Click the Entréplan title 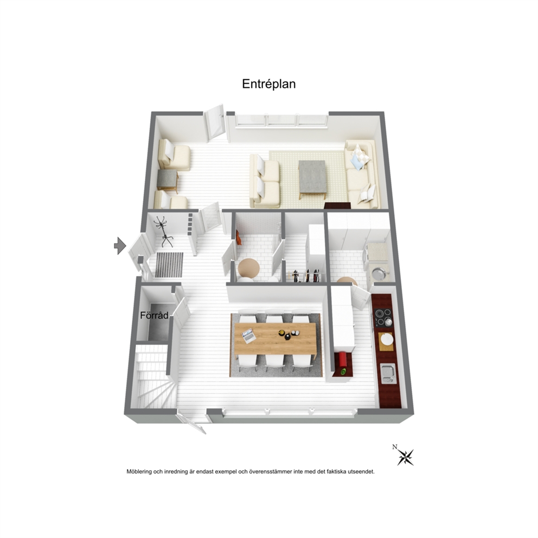click(x=268, y=84)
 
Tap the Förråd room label click(x=155, y=315)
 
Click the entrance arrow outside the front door click(x=120, y=245)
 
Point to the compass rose click(x=405, y=456)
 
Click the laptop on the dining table click(x=248, y=336)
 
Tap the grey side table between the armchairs click(x=168, y=181)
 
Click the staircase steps click(x=153, y=377)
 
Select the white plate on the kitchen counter click(x=387, y=339)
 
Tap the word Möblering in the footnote click(x=139, y=472)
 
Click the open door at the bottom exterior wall click(x=191, y=422)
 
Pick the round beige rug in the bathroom click(x=249, y=268)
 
